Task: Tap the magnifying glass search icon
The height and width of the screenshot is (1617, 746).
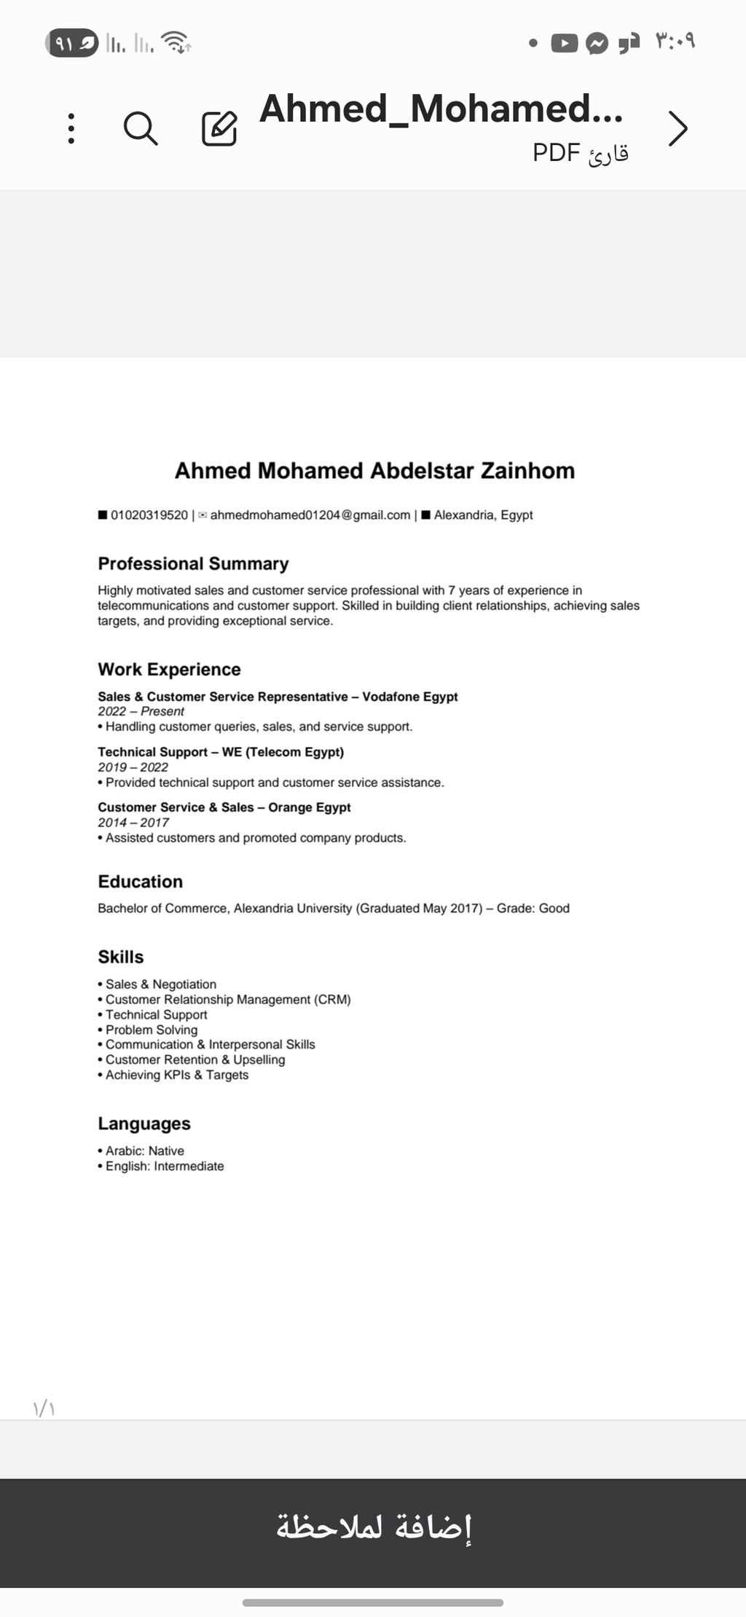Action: click(x=141, y=129)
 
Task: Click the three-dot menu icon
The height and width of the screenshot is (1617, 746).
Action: click(x=71, y=128)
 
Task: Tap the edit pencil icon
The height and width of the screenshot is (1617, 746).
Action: click(x=219, y=129)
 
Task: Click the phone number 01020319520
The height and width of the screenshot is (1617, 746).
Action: click(x=149, y=515)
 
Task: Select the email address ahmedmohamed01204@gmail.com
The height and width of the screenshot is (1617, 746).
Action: click(x=310, y=515)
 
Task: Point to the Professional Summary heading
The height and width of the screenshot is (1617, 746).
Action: click(x=193, y=564)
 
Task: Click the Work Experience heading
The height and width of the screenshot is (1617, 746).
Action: click(x=169, y=670)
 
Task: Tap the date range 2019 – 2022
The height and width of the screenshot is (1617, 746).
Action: click(x=133, y=767)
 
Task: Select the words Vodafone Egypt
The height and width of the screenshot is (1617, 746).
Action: click(x=410, y=697)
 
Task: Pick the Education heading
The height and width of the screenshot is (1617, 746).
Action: click(x=141, y=882)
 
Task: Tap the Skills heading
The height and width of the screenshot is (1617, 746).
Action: click(x=121, y=958)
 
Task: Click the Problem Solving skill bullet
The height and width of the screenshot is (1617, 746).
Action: click(x=151, y=1030)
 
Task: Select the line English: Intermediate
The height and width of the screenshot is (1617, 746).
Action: click(x=164, y=1166)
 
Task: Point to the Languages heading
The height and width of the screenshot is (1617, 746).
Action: click(x=144, y=1124)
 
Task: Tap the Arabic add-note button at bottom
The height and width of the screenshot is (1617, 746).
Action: click(x=373, y=1527)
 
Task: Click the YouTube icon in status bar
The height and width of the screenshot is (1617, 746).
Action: click(x=564, y=44)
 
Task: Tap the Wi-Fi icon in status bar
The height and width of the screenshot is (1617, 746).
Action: click(x=176, y=42)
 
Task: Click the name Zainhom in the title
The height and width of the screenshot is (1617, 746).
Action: click(x=527, y=471)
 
